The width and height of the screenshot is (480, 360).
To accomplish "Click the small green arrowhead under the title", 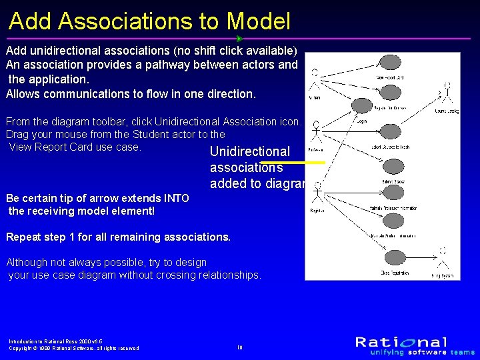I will [239, 39].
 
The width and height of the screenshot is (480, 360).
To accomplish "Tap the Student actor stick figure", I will [315, 83].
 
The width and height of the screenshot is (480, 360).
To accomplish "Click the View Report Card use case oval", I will [391, 63].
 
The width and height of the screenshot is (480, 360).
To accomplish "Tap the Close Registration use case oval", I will [393, 258].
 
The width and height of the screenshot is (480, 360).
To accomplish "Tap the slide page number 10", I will [239, 347].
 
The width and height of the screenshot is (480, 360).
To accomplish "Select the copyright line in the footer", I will [73, 348].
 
